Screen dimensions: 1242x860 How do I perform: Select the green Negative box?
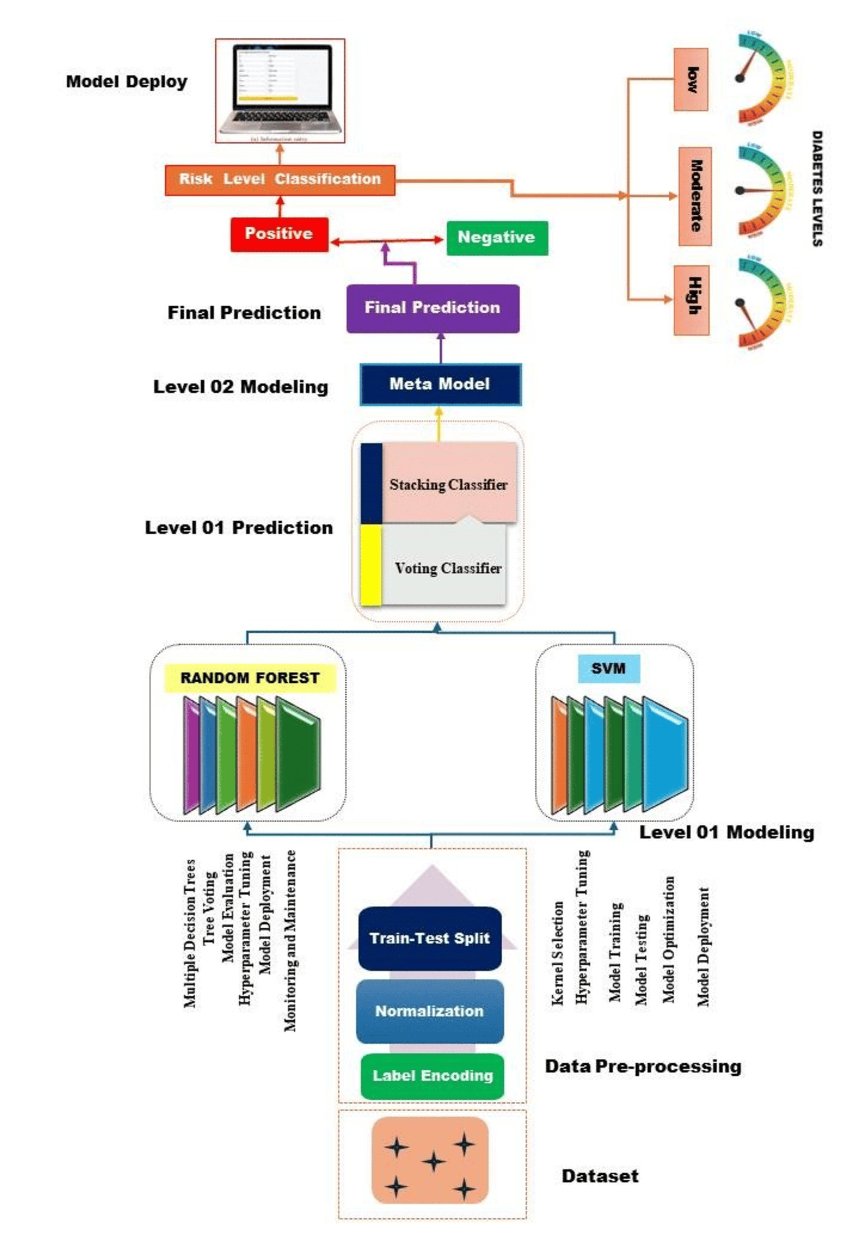pyautogui.click(x=497, y=238)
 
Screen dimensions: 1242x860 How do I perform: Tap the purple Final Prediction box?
pyautogui.click(x=433, y=308)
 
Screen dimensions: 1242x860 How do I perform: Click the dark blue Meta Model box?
pyautogui.click(x=440, y=384)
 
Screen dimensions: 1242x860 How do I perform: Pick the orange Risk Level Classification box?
pyautogui.click(x=280, y=179)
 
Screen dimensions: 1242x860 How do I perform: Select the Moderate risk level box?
pyautogui.click(x=695, y=196)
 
